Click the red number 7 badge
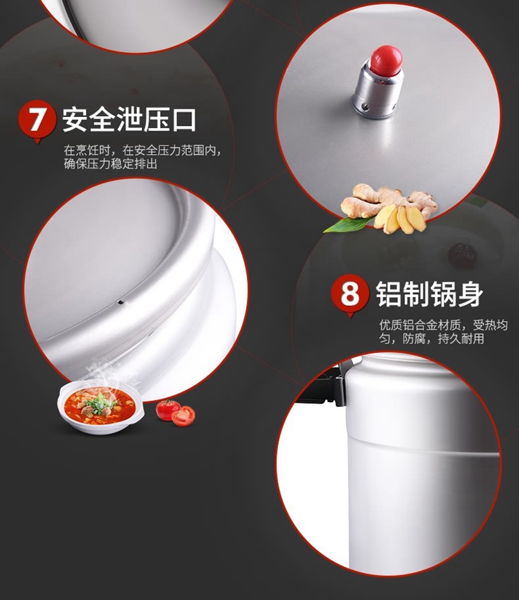coord(37,120)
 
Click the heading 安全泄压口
coord(129,120)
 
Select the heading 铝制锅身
coord(429,294)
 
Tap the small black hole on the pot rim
coord(121,302)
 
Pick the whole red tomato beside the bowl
coord(167,409)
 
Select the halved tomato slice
coord(183,416)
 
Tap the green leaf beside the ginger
coord(347,224)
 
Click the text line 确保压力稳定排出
coord(111,164)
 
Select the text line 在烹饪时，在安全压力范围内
coord(143,150)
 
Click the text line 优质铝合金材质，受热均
coord(444,325)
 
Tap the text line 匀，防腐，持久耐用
coord(432,338)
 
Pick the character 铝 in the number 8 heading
coord(388,294)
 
